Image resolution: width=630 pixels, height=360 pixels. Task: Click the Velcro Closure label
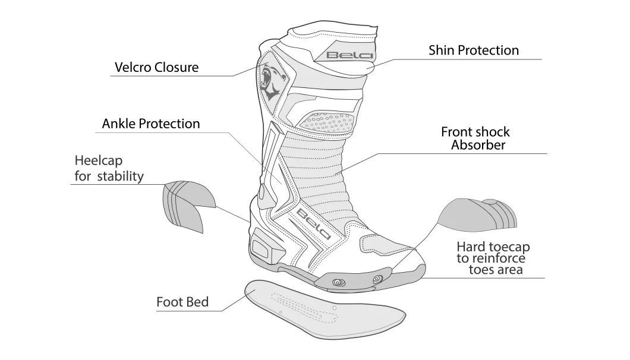click(x=156, y=67)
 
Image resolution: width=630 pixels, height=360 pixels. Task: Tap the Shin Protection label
click(x=474, y=50)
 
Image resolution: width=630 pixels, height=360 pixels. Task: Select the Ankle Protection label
click(x=151, y=124)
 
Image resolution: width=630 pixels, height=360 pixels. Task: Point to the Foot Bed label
click(x=182, y=302)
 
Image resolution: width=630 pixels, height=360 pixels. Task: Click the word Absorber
click(x=478, y=144)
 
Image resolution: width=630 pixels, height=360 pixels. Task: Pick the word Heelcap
click(x=99, y=161)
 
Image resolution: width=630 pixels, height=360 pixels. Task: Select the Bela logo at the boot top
click(x=349, y=55)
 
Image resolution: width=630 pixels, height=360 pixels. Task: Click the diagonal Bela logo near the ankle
click(x=313, y=224)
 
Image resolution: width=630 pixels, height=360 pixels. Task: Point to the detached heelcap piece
click(x=187, y=205)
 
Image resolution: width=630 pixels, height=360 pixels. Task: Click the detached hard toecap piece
click(x=477, y=215)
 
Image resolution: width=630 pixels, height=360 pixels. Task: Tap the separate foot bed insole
click(x=325, y=309)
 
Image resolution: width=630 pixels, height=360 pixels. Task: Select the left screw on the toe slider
click(x=339, y=282)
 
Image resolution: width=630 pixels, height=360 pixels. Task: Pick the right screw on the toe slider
click(x=377, y=279)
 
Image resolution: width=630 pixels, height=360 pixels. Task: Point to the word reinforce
click(x=502, y=258)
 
